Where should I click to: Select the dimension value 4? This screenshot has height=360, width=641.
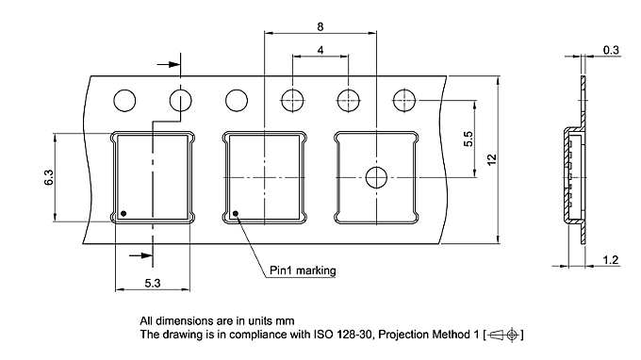[x=321, y=49]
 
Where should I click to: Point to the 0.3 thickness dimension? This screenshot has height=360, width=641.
[x=612, y=49]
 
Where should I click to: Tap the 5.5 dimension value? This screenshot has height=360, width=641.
[x=468, y=138]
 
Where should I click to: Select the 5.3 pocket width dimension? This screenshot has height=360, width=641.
[x=153, y=281]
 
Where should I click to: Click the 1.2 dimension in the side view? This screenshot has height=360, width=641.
[x=612, y=259]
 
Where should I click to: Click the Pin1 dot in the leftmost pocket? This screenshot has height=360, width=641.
[x=123, y=211]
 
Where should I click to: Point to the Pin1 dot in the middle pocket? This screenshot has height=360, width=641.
[x=236, y=212]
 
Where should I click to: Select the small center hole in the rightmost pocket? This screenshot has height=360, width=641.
[x=377, y=177]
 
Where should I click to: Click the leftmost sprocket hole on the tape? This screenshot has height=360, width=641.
[x=123, y=99]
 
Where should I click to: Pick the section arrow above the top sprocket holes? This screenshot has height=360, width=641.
[x=168, y=65]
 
